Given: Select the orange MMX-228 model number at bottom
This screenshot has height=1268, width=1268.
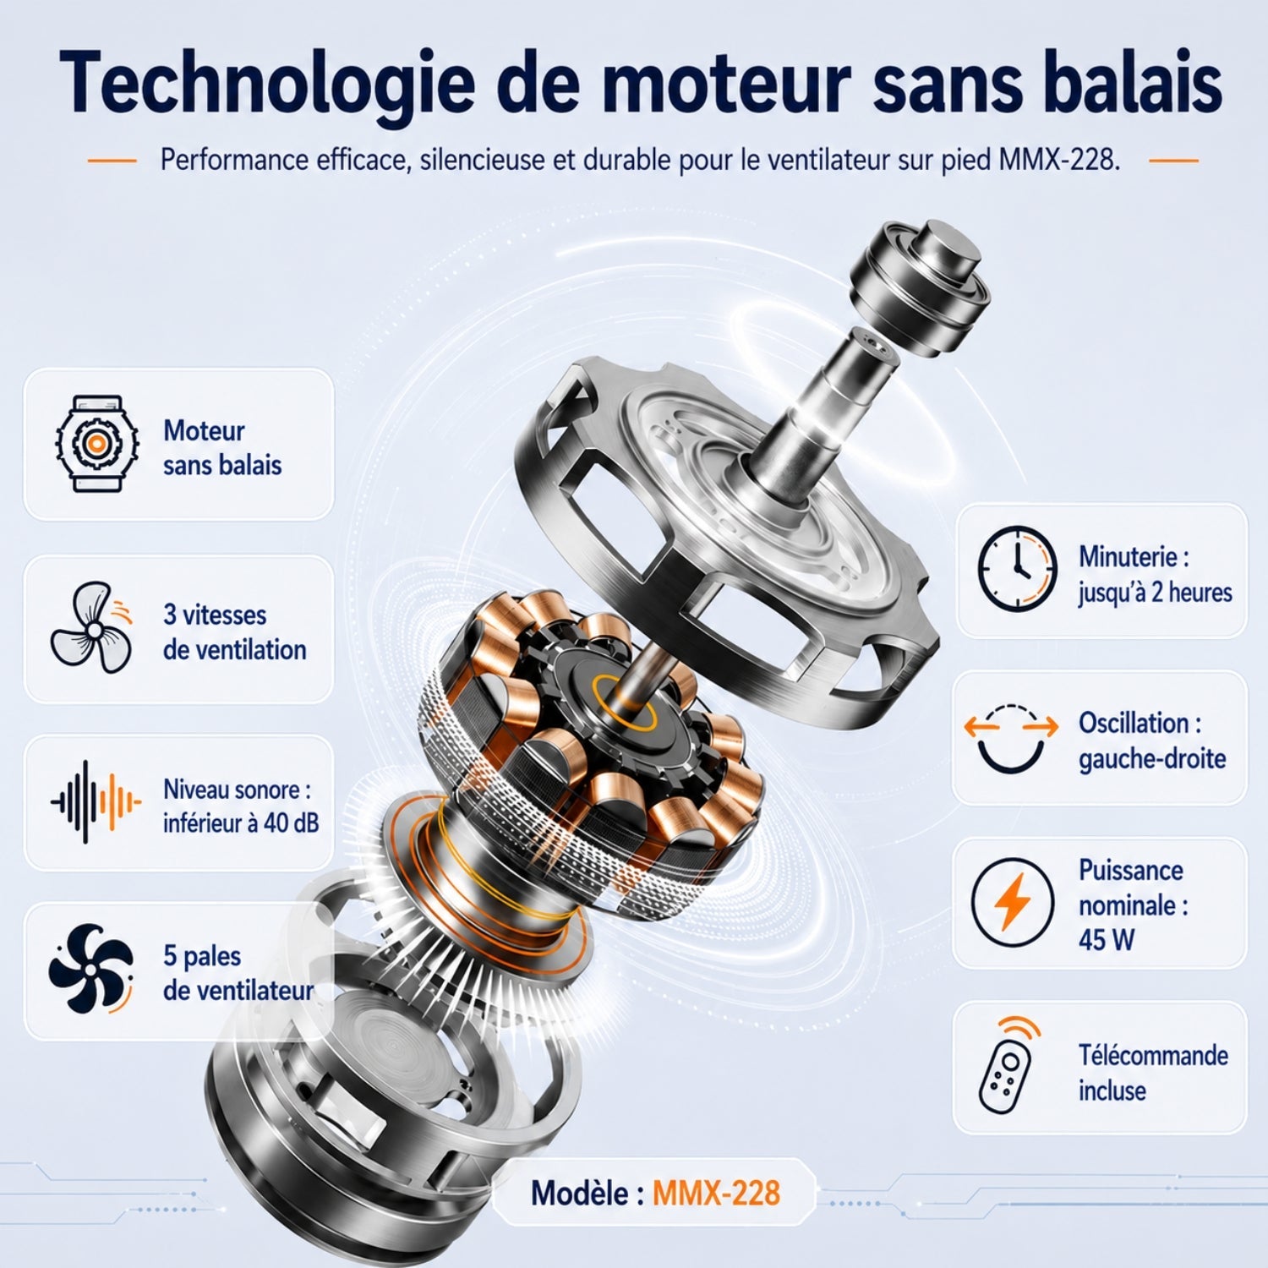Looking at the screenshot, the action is point(716,1193).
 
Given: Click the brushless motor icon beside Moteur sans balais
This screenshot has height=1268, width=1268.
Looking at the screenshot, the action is point(97,443).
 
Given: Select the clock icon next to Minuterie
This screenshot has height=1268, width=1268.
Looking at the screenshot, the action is point(1017,568).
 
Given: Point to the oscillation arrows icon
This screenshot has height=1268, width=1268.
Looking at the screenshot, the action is point(1011,737).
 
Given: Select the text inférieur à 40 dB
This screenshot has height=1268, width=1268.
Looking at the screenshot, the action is point(241,823).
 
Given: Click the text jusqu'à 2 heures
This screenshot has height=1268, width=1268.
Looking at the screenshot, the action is point(1155,593).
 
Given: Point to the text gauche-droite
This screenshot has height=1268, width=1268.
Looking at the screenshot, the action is point(1151,758).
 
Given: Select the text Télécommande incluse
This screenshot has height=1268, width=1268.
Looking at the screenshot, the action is point(1153,1073).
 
